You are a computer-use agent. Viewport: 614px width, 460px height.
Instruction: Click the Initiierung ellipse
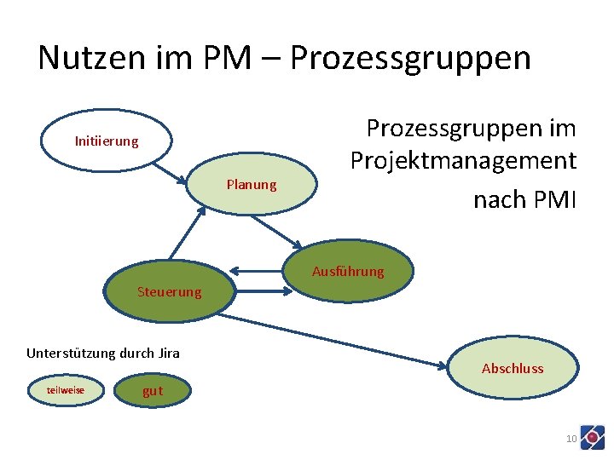pyautogui.click(x=107, y=141)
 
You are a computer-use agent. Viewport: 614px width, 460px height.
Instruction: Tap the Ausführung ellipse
pyautogui.click(x=348, y=272)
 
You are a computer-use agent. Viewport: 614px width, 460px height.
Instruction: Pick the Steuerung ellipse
pyautogui.click(x=169, y=292)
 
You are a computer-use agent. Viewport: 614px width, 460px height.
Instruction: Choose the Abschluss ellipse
pyautogui.click(x=513, y=368)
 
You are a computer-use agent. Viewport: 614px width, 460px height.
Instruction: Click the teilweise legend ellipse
pyautogui.click(x=66, y=390)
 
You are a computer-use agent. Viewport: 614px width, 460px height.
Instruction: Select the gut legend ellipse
pyautogui.click(x=153, y=391)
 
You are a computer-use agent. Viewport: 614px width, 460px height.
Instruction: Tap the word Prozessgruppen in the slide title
pyautogui.click(x=410, y=58)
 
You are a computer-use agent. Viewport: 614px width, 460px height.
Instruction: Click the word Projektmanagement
pyautogui.click(x=463, y=160)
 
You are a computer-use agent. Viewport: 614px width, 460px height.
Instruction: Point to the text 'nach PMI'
pyautogui.click(x=525, y=200)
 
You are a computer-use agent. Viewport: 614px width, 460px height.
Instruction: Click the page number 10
pyautogui.click(x=571, y=439)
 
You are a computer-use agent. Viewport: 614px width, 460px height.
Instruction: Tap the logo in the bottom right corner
pyautogui.click(x=592, y=437)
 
